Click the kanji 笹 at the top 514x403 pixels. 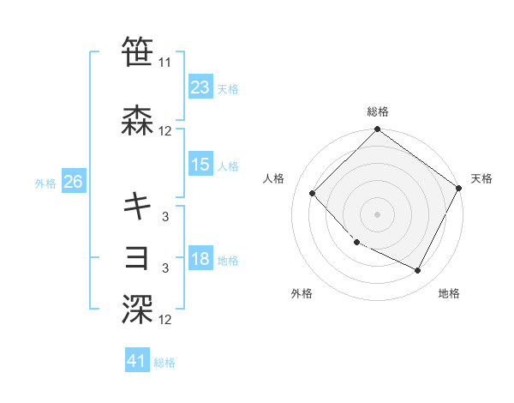point(138,51)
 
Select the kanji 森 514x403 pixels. point(138,122)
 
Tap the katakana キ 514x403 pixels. point(138,206)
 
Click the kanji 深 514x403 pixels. point(138,310)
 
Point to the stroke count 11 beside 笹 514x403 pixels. point(165,63)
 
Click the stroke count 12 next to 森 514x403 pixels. point(165,131)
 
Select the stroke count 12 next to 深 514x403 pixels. point(165,320)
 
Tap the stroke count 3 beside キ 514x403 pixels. point(166,217)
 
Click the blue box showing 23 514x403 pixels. point(200,87)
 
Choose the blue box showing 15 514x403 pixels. point(200,165)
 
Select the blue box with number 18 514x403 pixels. point(200,259)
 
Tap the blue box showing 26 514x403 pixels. point(73,182)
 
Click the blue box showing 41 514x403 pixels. point(137,361)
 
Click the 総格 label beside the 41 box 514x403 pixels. point(165,363)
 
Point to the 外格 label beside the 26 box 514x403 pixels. point(45,183)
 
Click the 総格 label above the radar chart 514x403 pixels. point(377,111)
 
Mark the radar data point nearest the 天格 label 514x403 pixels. point(459,189)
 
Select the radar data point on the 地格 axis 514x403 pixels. point(418,270)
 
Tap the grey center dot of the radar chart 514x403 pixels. point(377,214)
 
